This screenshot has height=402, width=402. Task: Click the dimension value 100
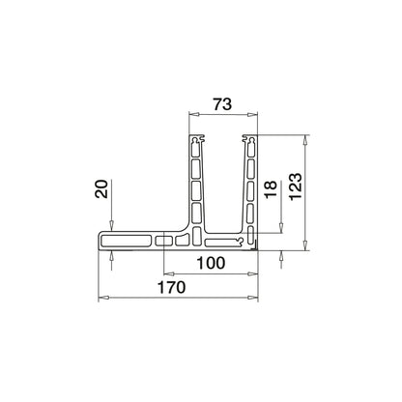(211, 262)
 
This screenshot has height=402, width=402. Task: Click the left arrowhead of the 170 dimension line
(103, 297)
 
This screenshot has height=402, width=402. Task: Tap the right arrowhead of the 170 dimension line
(261, 297)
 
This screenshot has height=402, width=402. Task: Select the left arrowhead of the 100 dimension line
(165, 272)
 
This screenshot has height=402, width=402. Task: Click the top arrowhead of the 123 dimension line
(306, 138)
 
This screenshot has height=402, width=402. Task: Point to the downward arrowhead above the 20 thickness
(113, 227)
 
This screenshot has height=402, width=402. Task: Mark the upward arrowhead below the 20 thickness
(113, 253)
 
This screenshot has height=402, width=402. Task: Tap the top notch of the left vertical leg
(198, 140)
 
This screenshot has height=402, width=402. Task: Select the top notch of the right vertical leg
(253, 140)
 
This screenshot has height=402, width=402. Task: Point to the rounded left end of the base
(102, 240)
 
